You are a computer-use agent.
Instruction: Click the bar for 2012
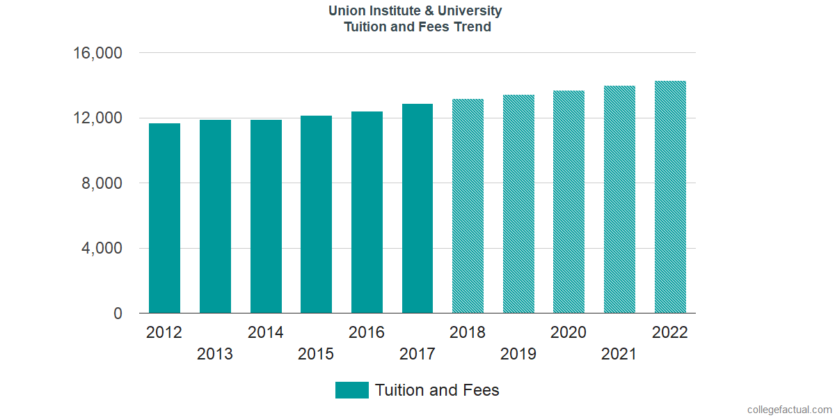164,218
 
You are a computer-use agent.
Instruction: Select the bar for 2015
316,215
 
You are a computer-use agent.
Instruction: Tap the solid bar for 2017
417,208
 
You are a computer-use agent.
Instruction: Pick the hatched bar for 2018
468,206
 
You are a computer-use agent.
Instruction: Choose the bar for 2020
568,202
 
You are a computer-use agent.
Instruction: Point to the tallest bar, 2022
670,197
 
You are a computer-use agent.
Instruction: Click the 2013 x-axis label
215,354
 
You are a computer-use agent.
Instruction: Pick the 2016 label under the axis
367,332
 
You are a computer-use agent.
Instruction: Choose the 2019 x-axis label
518,354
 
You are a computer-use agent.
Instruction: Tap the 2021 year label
619,354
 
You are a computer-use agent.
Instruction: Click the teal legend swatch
351,390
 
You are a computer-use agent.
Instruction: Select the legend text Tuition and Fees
437,390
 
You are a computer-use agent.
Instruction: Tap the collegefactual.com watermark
789,410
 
